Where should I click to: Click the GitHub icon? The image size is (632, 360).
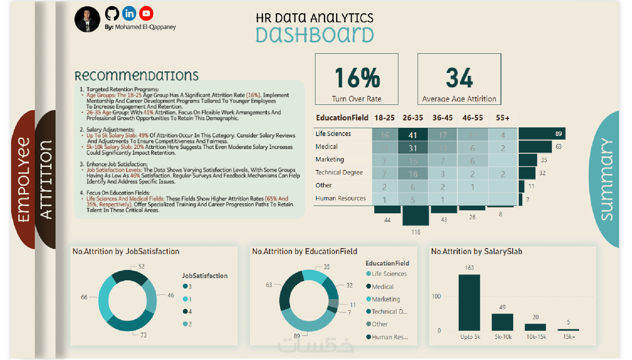point(112,14)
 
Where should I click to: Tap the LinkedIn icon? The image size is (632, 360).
point(129,14)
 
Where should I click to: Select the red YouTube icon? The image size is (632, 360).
point(146,14)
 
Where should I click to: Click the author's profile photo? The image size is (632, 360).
point(87,19)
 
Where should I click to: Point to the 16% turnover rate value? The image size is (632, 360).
point(357,78)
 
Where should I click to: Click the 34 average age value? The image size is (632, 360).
point(459,78)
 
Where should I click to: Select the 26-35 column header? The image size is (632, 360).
point(413,118)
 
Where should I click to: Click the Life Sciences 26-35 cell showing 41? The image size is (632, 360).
point(413,135)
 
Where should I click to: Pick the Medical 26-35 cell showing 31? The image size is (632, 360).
point(413,148)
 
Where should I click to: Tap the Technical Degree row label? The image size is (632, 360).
point(339,173)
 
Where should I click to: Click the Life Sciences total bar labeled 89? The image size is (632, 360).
point(542,134)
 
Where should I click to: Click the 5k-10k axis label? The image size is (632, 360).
point(503,337)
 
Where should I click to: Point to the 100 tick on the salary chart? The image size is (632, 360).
point(437,296)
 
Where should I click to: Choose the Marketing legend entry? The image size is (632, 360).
point(385,299)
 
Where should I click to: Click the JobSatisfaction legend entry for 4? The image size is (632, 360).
point(187,311)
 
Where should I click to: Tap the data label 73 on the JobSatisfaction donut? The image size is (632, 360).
point(143,335)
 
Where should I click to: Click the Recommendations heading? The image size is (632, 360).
point(137,76)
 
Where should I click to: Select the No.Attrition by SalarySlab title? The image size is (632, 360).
point(476,251)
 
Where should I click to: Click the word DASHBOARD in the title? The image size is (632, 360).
point(315,35)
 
